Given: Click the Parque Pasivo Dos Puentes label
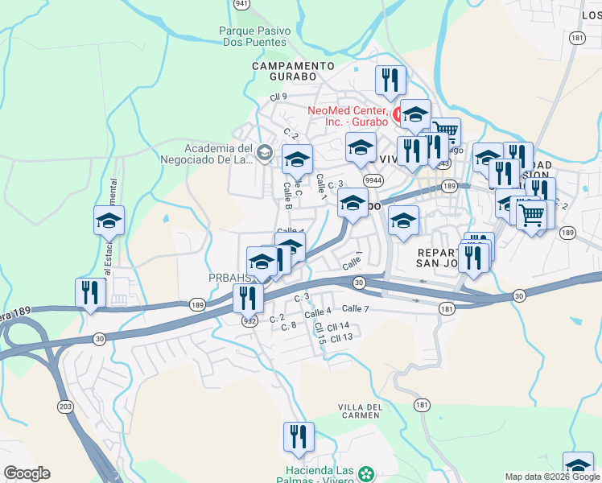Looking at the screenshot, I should tap(252, 36).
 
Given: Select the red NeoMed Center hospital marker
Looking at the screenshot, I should tap(397, 115).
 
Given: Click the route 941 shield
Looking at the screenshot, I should tap(241, 3).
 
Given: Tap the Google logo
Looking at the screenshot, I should tap(27, 473).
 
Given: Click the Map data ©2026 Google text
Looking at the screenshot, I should tap(551, 477).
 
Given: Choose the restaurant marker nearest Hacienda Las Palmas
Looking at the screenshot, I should tap(299, 436).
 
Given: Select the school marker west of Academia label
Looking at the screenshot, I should tap(109, 220).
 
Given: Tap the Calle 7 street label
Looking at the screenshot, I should tap(355, 308).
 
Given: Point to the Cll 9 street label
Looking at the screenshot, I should tap(279, 97).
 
